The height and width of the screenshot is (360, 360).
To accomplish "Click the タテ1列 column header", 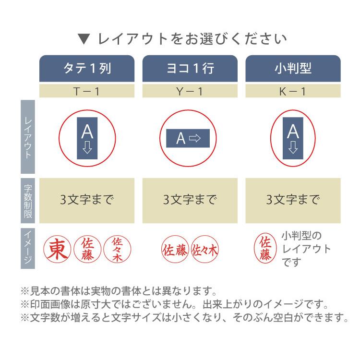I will [87, 69].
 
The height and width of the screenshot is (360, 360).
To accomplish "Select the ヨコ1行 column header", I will [190, 69].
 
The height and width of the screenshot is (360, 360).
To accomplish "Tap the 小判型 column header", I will [293, 69].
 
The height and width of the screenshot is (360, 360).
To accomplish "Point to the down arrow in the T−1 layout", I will [87, 147].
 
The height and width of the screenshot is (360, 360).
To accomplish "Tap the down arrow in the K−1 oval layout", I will [293, 147].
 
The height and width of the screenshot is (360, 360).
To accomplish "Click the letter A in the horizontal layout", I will [180, 139].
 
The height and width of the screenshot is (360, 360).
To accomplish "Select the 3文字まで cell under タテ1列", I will [87, 200].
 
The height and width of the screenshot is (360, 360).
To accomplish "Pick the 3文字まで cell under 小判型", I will [293, 200].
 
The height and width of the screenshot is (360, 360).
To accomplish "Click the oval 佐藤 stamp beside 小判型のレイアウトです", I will [265, 249].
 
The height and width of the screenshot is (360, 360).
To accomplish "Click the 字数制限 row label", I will [28, 200].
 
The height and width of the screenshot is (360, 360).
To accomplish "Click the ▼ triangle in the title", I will [83, 38].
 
